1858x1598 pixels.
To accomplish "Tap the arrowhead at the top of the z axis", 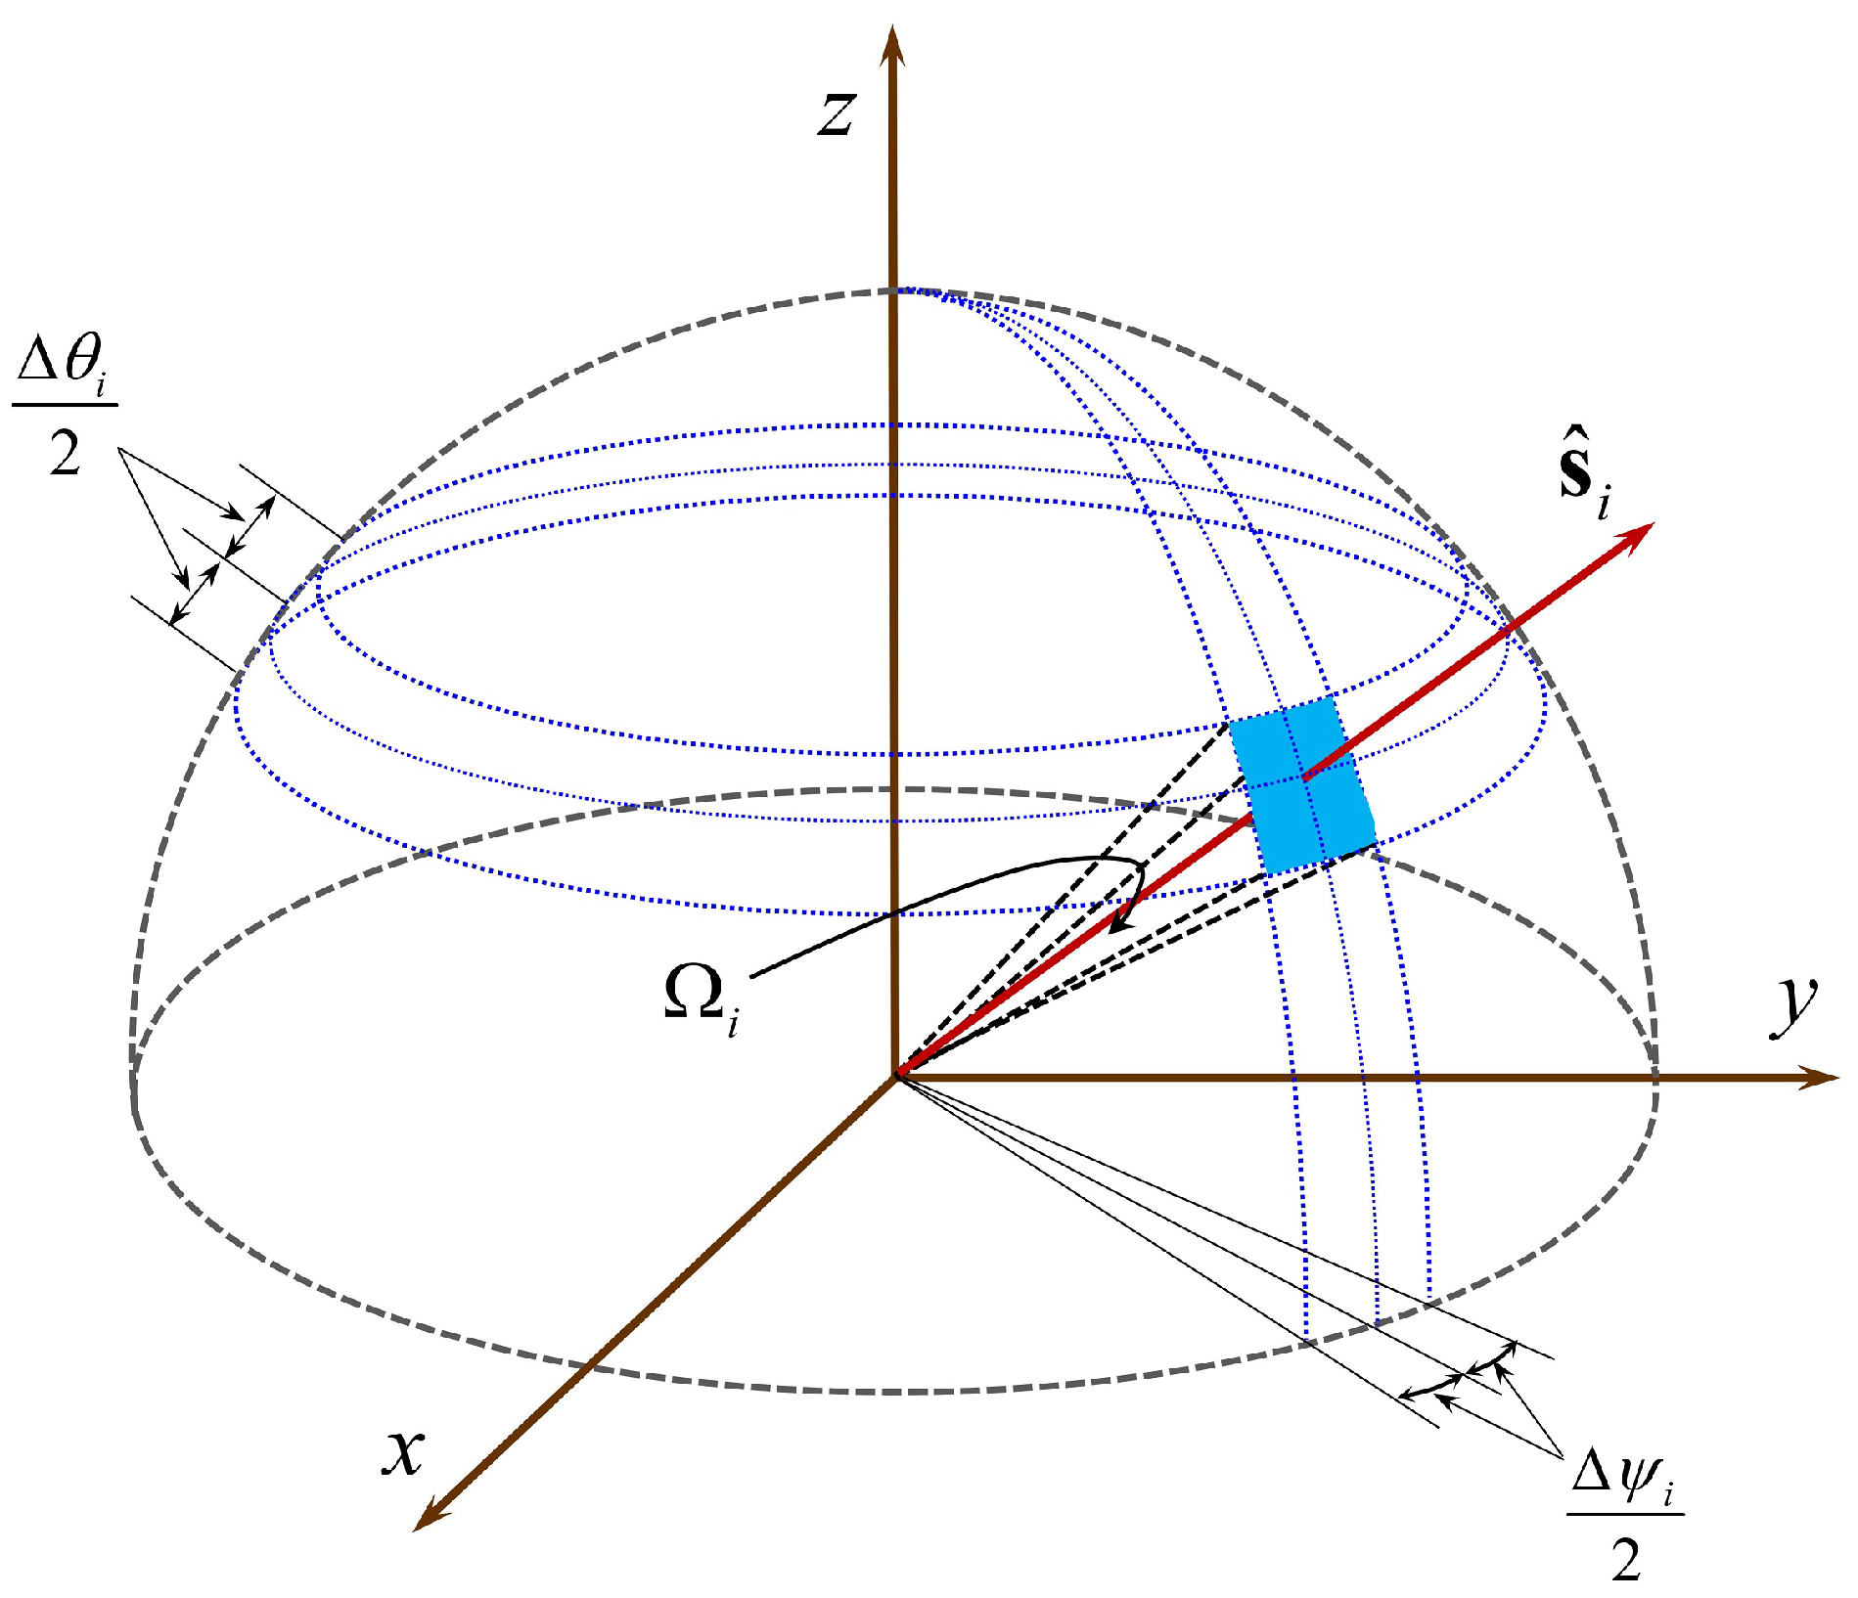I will pyautogui.click(x=891, y=44).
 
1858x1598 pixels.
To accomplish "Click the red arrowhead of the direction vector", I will pyautogui.click(x=1638, y=534).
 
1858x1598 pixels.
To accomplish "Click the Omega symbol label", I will pyautogui.click(x=693, y=994).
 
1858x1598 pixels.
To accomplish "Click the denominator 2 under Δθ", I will pyautogui.click(x=65, y=453).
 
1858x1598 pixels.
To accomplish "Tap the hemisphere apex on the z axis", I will pyautogui.click(x=892, y=290).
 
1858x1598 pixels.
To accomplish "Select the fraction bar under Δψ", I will pyautogui.click(x=1625, y=1515).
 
